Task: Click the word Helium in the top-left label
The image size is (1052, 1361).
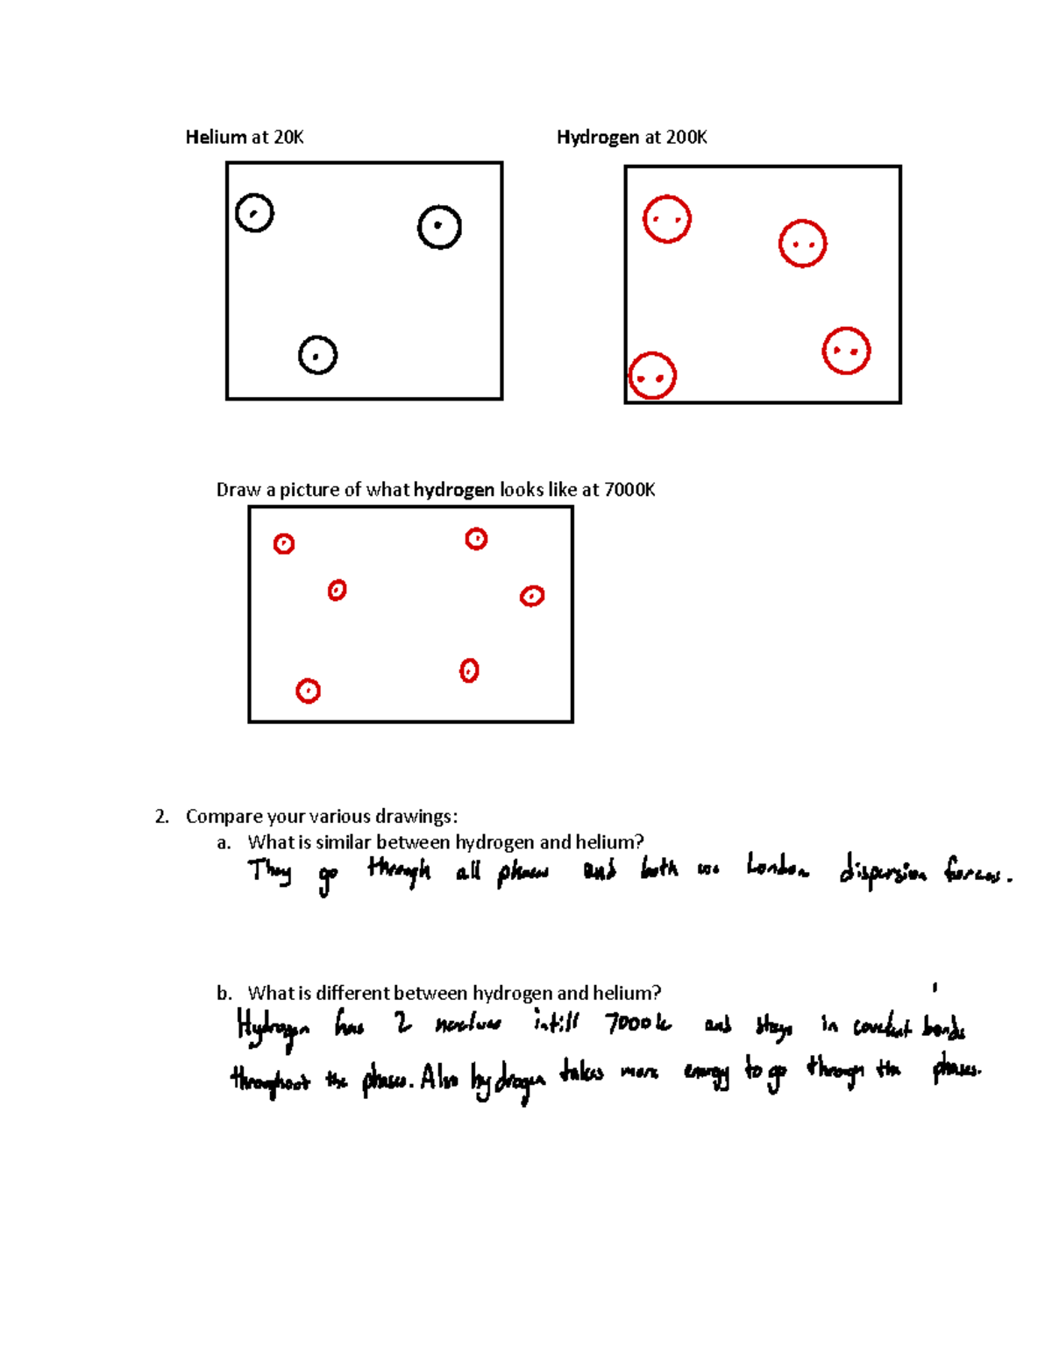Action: click(x=216, y=137)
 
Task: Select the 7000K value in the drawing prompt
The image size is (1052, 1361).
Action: click(x=629, y=489)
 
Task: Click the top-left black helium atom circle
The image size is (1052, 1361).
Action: click(x=254, y=213)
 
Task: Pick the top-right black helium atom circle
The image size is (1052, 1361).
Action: click(x=439, y=227)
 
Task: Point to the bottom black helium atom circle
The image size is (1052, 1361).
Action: click(x=317, y=355)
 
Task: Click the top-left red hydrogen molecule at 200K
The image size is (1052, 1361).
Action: click(x=667, y=219)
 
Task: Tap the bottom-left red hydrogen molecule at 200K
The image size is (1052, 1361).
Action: click(x=652, y=376)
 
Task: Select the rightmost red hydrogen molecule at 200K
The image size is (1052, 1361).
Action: click(x=846, y=351)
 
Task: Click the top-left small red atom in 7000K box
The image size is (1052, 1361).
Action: click(x=283, y=544)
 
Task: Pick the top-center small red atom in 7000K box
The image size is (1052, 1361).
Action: click(x=476, y=539)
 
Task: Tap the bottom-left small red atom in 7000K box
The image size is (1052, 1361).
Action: click(x=308, y=691)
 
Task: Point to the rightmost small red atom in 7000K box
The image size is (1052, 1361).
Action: click(x=532, y=596)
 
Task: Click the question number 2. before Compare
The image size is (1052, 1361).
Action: click(x=161, y=817)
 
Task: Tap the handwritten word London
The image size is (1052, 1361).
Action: click(x=778, y=869)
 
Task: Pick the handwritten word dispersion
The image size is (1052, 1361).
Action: click(x=882, y=873)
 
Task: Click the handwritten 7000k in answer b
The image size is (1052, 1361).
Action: click(x=638, y=1024)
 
